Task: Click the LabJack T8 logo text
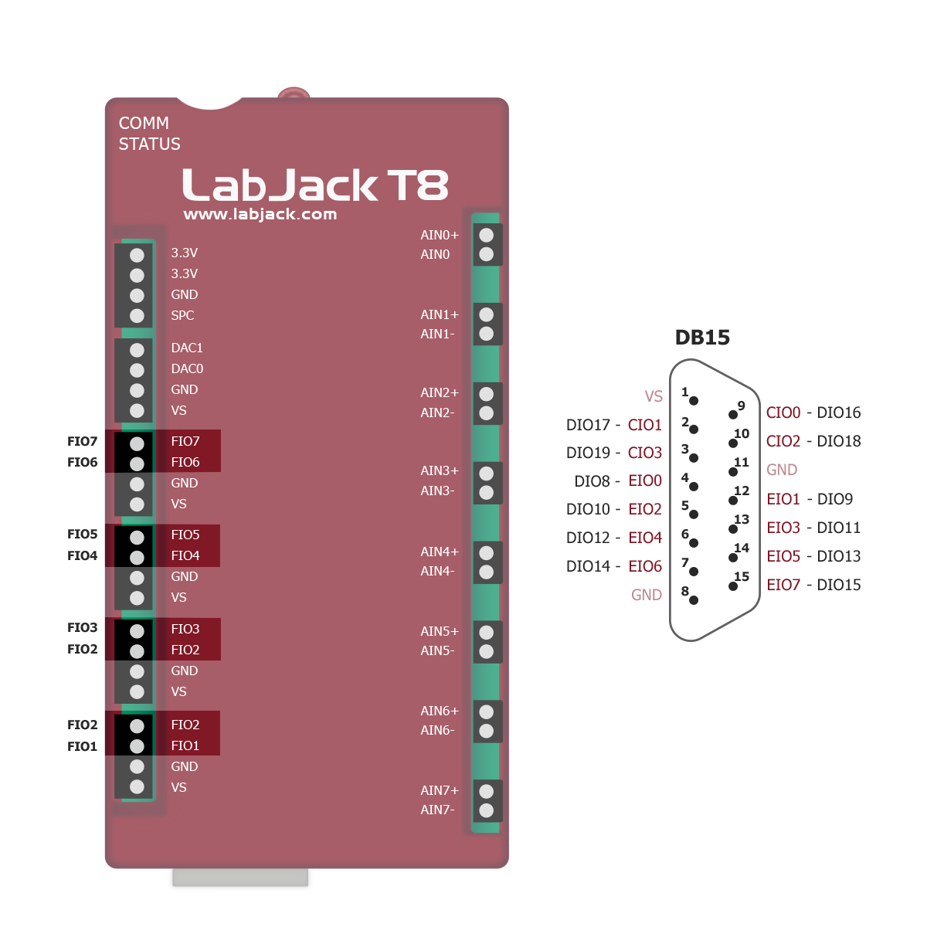coord(315,185)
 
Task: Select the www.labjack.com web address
coord(260,215)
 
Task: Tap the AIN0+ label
coord(440,235)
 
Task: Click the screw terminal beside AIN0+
coord(487,235)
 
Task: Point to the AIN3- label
coord(437,491)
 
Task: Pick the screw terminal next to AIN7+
coord(487,791)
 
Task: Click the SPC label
coord(182,315)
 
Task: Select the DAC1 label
coord(187,348)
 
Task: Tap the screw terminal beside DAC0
coord(137,370)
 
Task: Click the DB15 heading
coord(702,338)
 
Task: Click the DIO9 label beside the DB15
coord(834,499)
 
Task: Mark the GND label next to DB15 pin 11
coord(782,470)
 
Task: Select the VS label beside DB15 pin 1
coord(654,396)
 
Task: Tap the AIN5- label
coord(437,650)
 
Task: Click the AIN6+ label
coord(440,711)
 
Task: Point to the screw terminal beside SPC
coord(137,315)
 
